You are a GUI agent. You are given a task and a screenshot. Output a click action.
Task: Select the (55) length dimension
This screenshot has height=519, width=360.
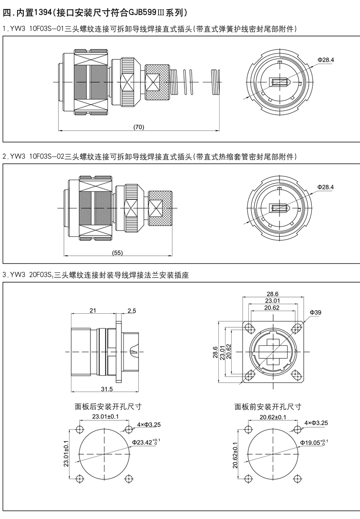coord(116,253)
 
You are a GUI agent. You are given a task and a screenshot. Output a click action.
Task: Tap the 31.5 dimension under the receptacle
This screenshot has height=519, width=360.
coord(107,389)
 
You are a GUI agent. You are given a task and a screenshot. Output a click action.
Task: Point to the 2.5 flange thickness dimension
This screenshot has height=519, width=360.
coord(131,311)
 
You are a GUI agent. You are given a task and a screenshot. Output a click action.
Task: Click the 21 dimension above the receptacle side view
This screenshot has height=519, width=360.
coord(93,311)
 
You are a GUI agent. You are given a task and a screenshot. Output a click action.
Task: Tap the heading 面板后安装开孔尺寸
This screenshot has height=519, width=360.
coord(108,406)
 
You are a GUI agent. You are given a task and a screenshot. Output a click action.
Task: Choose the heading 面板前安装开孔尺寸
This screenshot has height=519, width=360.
coord(268,406)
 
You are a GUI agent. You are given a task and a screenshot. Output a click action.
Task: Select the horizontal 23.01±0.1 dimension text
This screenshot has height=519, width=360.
coord(105,416)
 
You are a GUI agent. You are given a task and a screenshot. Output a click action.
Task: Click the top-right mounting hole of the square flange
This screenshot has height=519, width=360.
coord(295,328)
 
